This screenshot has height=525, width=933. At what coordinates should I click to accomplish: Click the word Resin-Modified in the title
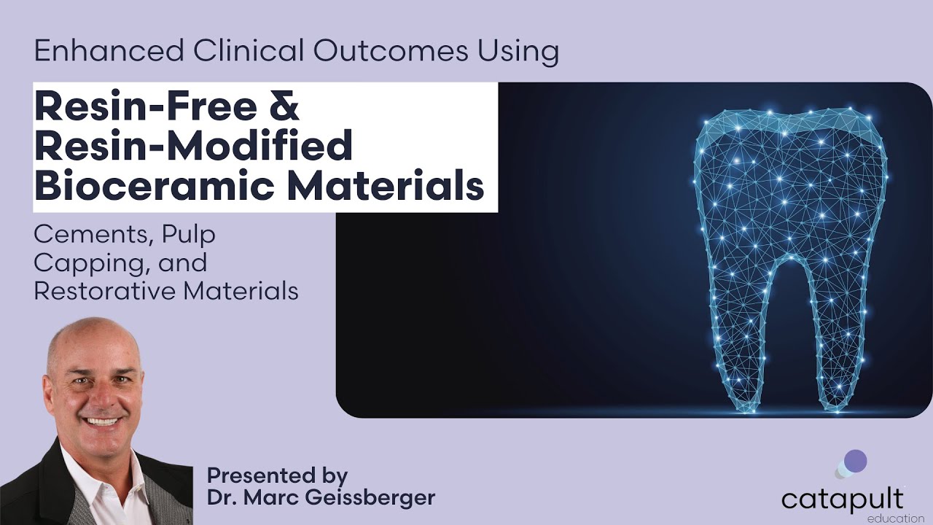pyautogui.click(x=193, y=146)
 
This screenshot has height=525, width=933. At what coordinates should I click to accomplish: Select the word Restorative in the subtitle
pyautogui.click(x=104, y=290)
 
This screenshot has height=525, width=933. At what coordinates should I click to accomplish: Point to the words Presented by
pyautogui.click(x=277, y=475)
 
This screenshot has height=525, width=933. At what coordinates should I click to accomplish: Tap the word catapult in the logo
pyautogui.click(x=842, y=499)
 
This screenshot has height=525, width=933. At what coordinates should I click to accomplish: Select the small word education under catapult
pyautogui.click(x=895, y=518)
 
